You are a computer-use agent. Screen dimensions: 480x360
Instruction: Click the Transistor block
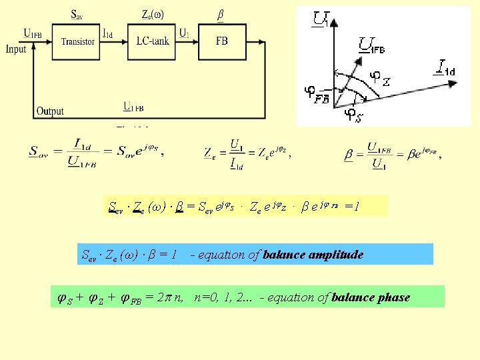(78, 41)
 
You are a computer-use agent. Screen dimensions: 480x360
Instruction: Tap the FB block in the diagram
(221, 41)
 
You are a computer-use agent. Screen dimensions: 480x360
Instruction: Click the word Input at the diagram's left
(15, 49)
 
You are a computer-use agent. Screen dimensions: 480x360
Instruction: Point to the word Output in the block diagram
(50, 111)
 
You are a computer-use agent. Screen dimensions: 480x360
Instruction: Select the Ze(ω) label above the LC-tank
(153, 13)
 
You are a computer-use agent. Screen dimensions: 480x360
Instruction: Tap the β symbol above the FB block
(221, 13)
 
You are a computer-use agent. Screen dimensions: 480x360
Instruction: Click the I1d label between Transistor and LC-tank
(107, 31)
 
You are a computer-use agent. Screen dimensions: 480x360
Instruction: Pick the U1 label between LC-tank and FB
(185, 31)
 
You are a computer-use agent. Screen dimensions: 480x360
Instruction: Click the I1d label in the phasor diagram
(446, 67)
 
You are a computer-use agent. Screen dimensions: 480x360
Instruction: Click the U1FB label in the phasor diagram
(373, 45)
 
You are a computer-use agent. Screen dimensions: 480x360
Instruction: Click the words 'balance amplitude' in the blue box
(313, 255)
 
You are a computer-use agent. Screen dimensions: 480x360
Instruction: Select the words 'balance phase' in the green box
(371, 297)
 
